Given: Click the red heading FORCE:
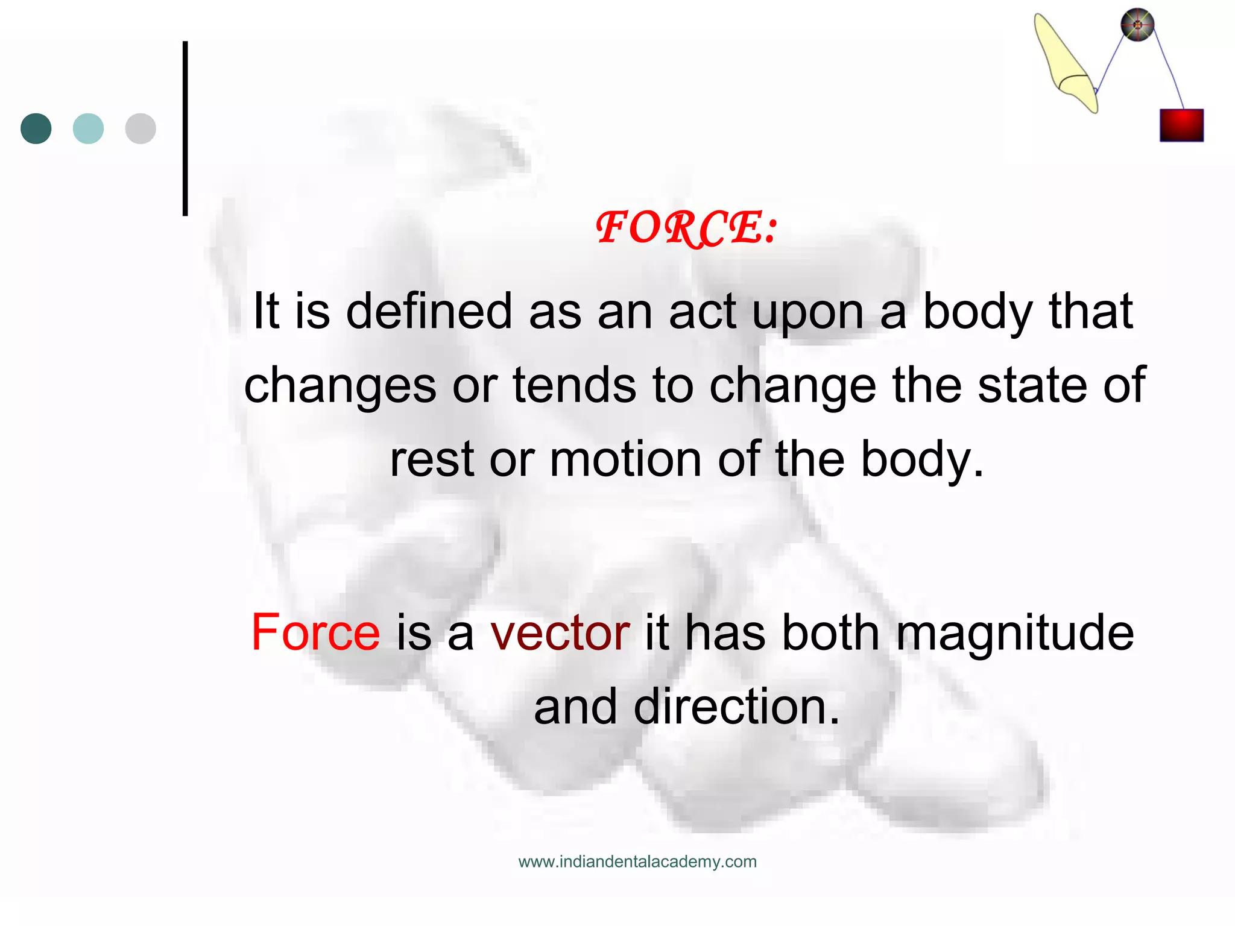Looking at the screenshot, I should pyautogui.click(x=686, y=228).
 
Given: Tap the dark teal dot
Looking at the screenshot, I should pyautogui.click(x=36, y=128).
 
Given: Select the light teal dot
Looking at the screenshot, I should pyautogui.click(x=88, y=128).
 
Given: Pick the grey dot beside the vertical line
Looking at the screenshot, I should pyautogui.click(x=141, y=128).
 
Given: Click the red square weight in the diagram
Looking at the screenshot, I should pyautogui.click(x=1181, y=125).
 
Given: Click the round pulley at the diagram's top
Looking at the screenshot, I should pyautogui.click(x=1137, y=25).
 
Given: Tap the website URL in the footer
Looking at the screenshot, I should pyautogui.click(x=637, y=861).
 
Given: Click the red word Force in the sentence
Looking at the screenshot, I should pyautogui.click(x=315, y=632).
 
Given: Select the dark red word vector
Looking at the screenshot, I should pyautogui.click(x=560, y=632).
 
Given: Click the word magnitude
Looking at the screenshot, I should pyautogui.click(x=1015, y=634).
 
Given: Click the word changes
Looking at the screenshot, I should pyautogui.click(x=340, y=386).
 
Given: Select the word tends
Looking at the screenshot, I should pyautogui.click(x=574, y=385).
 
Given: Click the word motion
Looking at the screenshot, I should pyautogui.click(x=626, y=459).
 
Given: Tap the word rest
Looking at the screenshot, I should pyautogui.click(x=432, y=459).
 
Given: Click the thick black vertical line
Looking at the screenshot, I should pyautogui.click(x=185, y=128).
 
